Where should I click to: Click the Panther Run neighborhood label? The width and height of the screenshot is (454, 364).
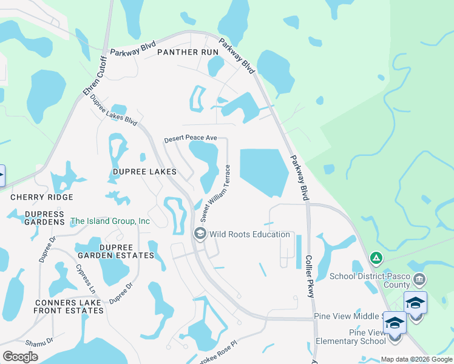pos(187,52)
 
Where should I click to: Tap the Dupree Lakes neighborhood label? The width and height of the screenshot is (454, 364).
pos(144,172)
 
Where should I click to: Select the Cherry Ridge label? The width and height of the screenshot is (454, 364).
pos(42,197)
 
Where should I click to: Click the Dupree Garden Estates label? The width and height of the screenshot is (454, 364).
pos(115,251)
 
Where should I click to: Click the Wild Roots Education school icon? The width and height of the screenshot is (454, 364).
pos(199,234)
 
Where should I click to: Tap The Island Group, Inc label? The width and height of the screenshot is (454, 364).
pos(110,221)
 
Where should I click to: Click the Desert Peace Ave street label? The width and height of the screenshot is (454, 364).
pos(191,139)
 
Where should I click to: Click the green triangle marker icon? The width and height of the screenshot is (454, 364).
pos(376,258)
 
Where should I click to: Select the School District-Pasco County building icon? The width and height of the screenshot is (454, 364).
pos(419,280)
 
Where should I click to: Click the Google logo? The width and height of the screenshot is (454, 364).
pos(21,357)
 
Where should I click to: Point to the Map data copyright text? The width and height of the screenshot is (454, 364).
pos(416,359)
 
